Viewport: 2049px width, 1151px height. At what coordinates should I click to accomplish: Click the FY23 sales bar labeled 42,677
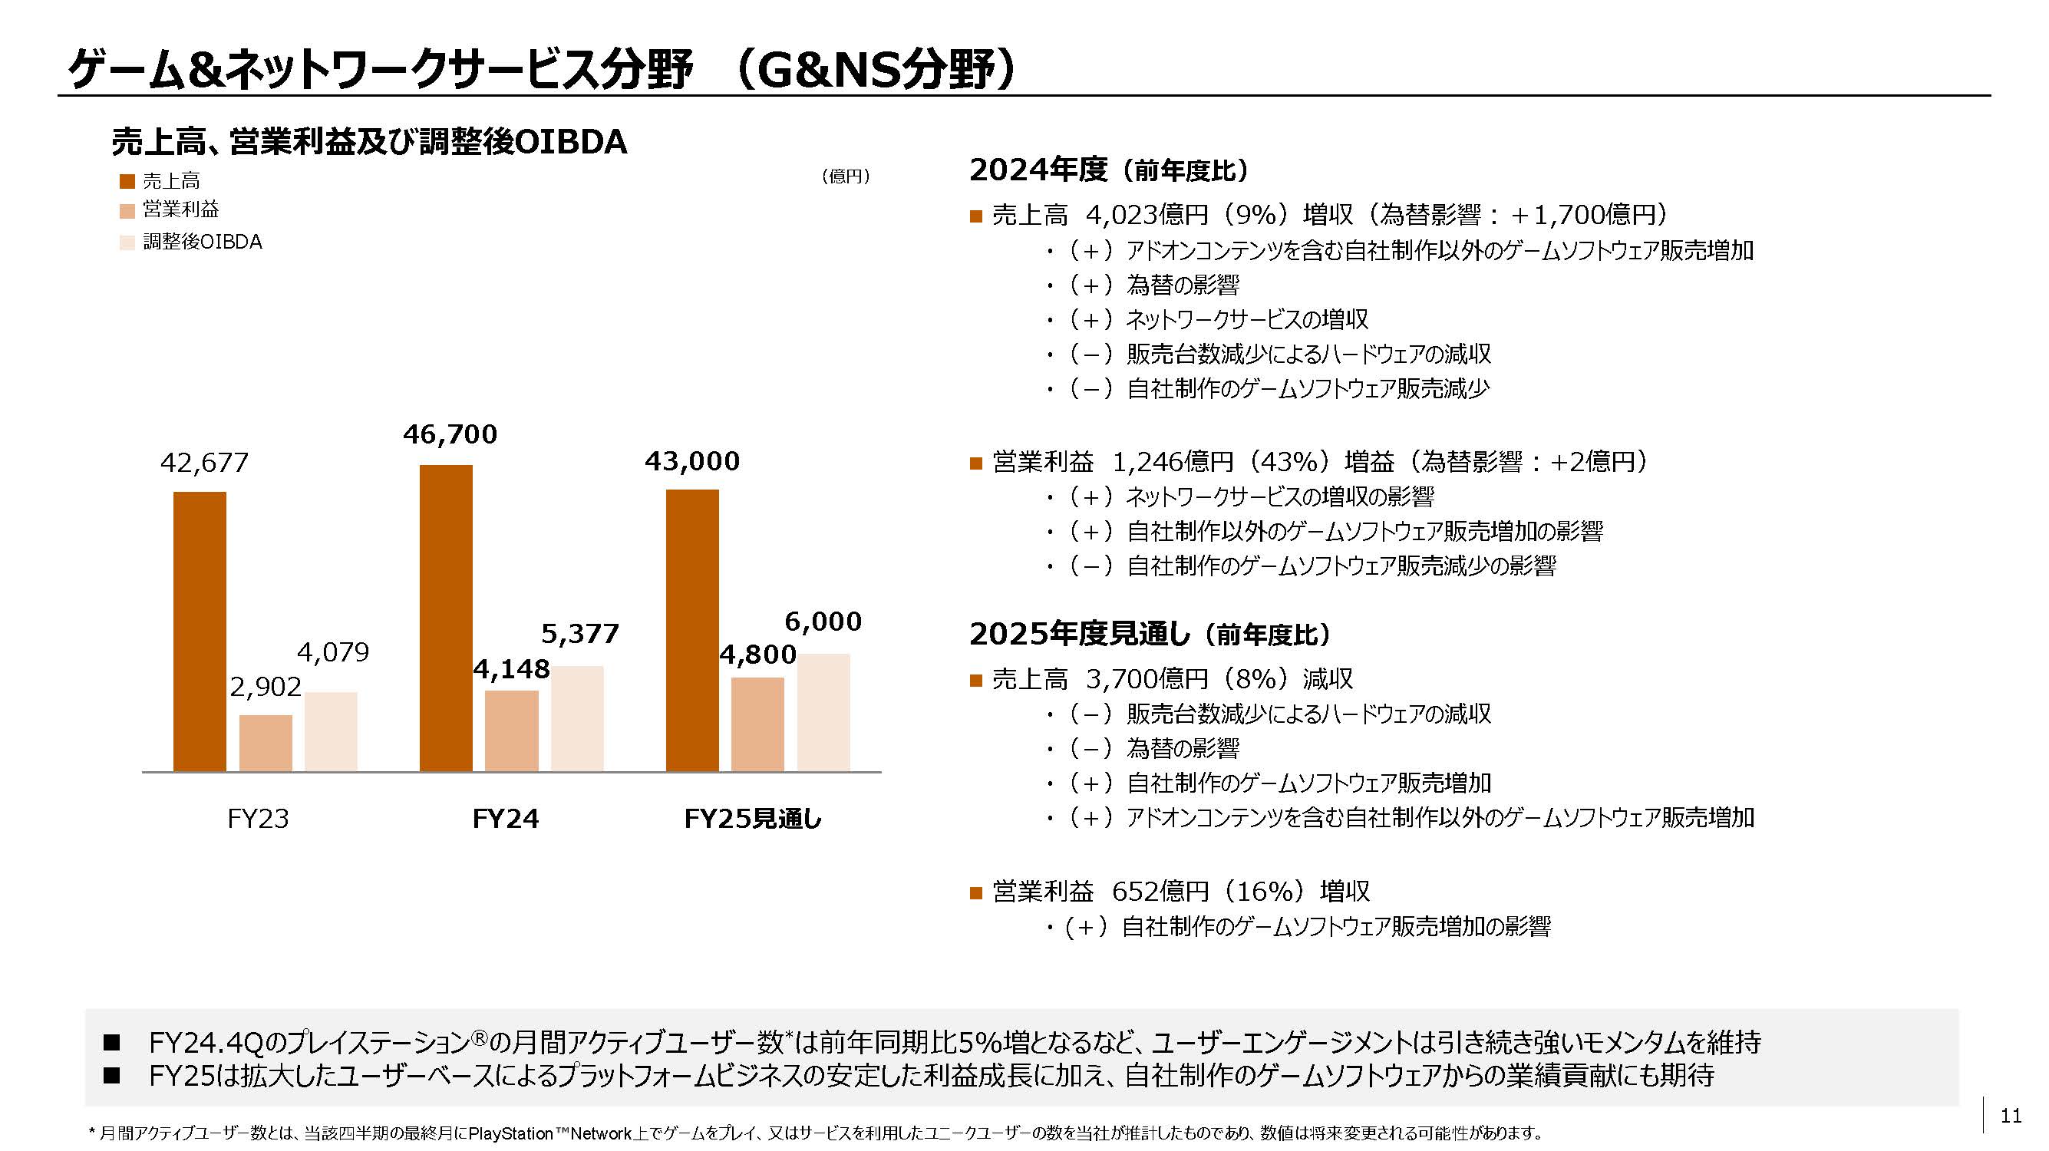[200, 632]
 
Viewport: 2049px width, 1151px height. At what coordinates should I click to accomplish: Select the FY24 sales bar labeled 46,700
[445, 618]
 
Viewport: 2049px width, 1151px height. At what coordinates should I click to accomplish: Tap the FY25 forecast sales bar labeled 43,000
[692, 630]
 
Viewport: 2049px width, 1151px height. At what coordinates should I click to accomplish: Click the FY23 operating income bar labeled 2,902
[266, 743]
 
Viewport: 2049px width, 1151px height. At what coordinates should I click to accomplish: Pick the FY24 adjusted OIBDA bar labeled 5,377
[576, 718]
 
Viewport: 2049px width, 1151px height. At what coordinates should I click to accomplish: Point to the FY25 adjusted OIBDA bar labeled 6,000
[823, 712]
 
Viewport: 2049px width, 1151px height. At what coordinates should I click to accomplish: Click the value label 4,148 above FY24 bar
[511, 669]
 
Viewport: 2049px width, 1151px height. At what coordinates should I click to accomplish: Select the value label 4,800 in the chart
[757, 655]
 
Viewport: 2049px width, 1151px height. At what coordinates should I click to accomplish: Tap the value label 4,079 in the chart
[332, 652]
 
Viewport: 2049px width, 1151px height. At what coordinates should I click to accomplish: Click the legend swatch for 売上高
[127, 181]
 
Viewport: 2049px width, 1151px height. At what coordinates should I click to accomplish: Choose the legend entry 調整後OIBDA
[202, 242]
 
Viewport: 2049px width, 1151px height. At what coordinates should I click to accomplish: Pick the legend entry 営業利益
[180, 209]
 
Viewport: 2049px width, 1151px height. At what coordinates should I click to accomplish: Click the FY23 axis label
[258, 819]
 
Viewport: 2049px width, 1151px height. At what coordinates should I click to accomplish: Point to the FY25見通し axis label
[753, 819]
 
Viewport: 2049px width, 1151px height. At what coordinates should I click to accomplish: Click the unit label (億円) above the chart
[845, 176]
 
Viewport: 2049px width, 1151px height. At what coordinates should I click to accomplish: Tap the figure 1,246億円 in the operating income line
[1172, 461]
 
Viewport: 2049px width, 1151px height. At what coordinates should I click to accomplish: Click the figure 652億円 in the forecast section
[1160, 891]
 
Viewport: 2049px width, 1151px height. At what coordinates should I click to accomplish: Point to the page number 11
[2010, 1116]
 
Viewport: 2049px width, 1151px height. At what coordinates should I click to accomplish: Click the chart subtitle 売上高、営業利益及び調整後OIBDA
[369, 142]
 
